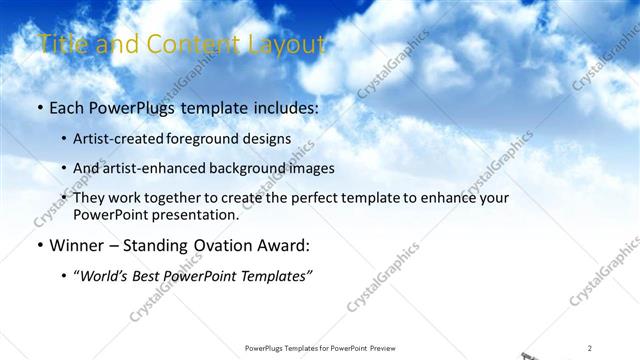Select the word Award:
click(x=279, y=245)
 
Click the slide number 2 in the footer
click(x=590, y=348)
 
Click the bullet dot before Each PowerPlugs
click(x=38, y=106)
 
